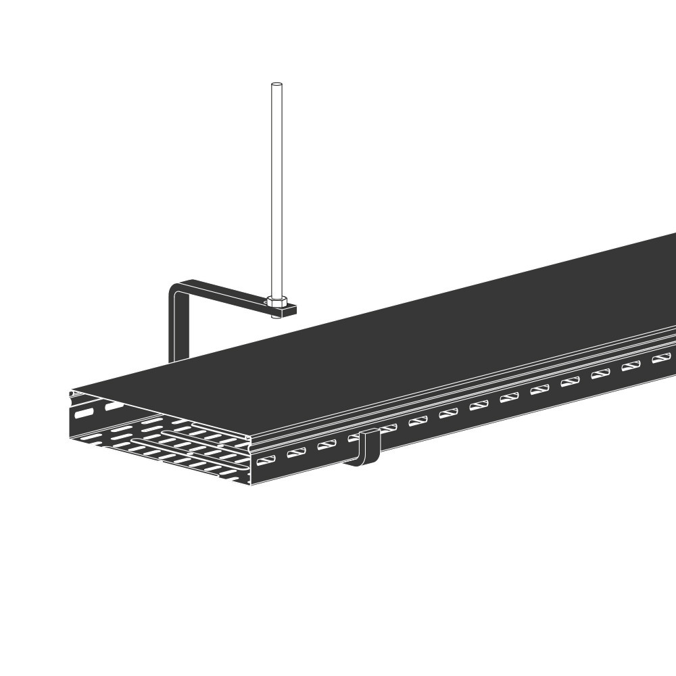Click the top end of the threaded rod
276,85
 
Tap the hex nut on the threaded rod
276,302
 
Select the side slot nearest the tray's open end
266,460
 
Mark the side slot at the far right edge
661,358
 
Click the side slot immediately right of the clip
387,429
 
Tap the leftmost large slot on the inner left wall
84,412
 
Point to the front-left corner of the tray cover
72,391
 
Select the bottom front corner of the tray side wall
251,484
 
